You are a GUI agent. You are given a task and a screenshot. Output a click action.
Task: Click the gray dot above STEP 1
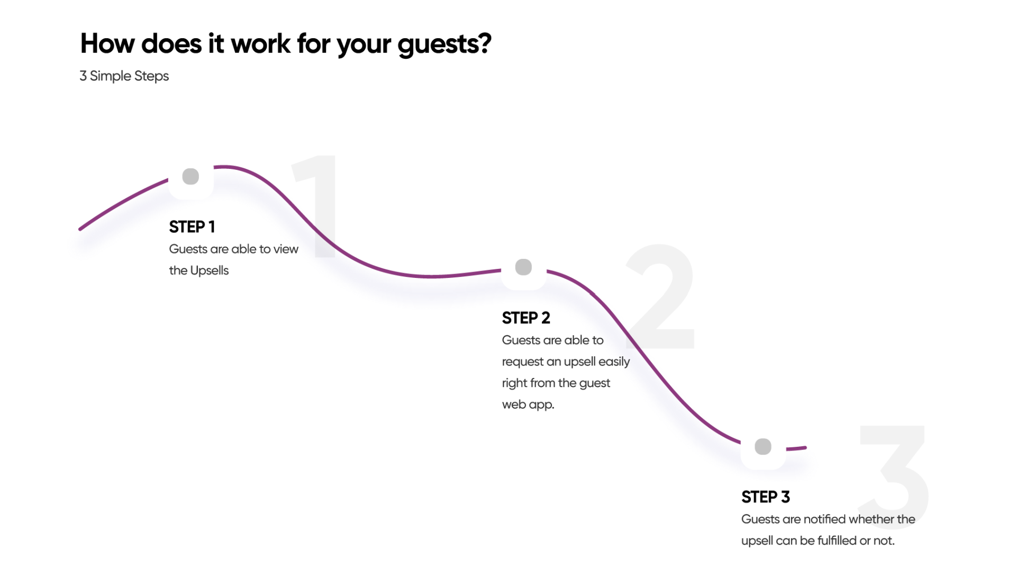point(190,176)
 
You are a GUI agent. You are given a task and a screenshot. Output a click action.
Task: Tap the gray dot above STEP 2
point(523,267)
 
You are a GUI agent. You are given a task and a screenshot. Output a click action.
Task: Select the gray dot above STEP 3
point(763,446)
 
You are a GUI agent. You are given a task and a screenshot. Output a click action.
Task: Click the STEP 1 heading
point(192,227)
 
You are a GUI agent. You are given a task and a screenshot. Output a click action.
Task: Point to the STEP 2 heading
point(526,318)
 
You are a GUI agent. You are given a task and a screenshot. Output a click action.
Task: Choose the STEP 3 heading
point(765,497)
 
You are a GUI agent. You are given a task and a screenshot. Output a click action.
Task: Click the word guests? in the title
point(444,44)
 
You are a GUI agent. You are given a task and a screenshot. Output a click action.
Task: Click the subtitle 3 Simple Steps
point(124,76)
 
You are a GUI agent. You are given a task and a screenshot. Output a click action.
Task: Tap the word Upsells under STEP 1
point(210,271)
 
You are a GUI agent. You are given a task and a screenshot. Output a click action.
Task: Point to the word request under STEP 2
point(522,362)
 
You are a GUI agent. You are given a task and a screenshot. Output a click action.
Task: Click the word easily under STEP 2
point(614,362)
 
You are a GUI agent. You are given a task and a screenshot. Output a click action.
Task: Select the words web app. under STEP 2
point(528,404)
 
